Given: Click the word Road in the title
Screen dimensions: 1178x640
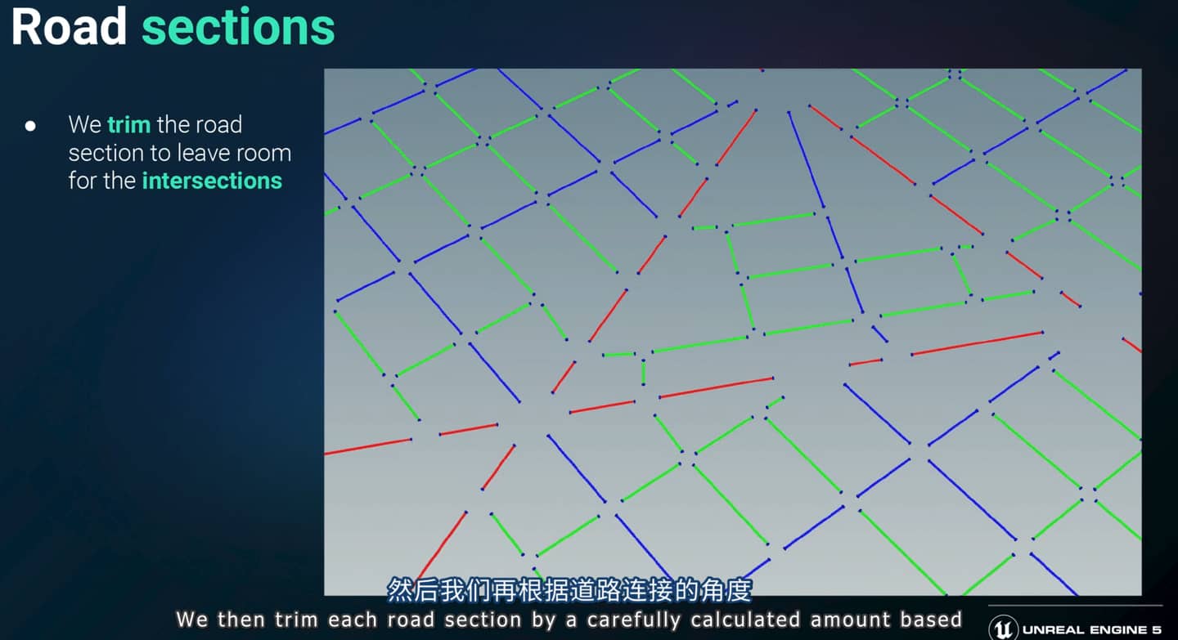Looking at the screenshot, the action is point(69,26).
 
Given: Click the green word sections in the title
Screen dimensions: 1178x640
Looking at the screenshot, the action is point(238,27).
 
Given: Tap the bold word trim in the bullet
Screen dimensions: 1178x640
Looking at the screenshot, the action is point(129,124).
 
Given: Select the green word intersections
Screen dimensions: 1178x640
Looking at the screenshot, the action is point(212,181).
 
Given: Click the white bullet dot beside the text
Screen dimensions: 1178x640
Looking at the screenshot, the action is point(30,126).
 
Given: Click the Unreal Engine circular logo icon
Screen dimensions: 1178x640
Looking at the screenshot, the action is point(1003,628).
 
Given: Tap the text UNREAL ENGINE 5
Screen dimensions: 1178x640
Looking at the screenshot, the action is point(1092,629).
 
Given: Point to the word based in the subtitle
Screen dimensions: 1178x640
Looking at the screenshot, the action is point(931,620).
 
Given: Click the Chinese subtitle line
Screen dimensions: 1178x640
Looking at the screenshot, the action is point(569,590).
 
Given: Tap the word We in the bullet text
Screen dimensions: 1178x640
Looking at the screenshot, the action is point(85,124).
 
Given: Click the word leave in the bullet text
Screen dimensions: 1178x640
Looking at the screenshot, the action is point(200,153).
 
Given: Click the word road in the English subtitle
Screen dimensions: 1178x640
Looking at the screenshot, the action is point(411,620).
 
